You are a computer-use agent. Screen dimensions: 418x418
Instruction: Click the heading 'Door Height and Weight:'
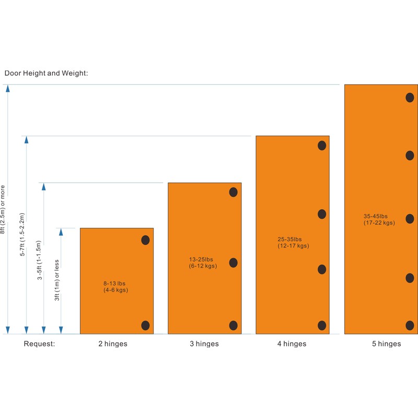(x=47, y=73)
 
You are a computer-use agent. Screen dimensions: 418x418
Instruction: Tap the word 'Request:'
(x=39, y=344)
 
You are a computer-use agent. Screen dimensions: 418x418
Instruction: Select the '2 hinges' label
(x=112, y=344)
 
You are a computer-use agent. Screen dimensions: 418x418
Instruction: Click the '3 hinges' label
(x=204, y=344)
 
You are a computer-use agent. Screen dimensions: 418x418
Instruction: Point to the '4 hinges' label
(x=292, y=344)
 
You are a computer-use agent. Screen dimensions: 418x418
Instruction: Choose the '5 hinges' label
(x=386, y=344)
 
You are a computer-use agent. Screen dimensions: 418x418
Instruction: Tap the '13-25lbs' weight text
(x=201, y=259)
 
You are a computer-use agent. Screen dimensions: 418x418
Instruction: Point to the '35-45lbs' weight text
(x=376, y=216)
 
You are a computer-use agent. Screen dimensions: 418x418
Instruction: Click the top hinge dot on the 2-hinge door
(x=146, y=240)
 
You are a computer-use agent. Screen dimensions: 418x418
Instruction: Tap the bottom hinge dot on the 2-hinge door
(x=146, y=325)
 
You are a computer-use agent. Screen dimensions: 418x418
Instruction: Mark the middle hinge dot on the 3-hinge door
(x=234, y=262)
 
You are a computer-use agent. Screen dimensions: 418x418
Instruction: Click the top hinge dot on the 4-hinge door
(x=322, y=145)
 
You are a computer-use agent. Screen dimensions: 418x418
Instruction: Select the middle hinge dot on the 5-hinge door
(x=410, y=218)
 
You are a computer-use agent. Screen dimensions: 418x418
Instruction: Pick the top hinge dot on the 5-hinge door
(x=410, y=97)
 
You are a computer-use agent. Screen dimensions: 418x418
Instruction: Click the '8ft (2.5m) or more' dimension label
(x=3, y=209)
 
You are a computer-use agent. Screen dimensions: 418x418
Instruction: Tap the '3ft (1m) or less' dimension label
(x=57, y=281)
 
